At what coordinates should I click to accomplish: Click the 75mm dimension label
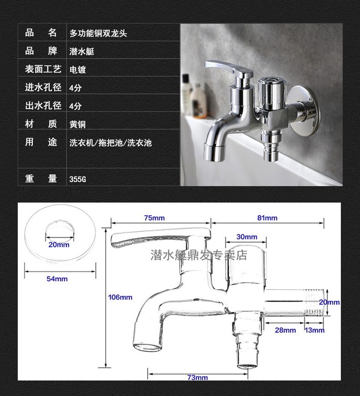154,218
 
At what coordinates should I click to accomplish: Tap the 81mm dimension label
267,218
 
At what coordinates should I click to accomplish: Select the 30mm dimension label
247,237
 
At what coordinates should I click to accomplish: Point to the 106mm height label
120,297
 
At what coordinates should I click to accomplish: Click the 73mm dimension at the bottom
197,377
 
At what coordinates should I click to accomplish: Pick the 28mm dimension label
285,330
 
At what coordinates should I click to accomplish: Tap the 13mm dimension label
314,330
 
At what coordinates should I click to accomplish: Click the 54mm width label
57,279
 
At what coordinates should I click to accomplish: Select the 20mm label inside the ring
59,245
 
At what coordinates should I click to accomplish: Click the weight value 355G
77,179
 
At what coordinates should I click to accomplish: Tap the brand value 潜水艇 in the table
82,52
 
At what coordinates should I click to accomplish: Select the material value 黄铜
77,124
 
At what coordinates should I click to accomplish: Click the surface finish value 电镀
77,70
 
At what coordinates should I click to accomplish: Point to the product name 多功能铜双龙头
98,33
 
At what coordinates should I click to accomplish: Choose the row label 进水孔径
43,88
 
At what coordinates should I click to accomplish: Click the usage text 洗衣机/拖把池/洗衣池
110,143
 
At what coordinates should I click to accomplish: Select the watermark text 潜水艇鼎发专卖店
199,255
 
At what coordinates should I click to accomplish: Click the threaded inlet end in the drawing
314,303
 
